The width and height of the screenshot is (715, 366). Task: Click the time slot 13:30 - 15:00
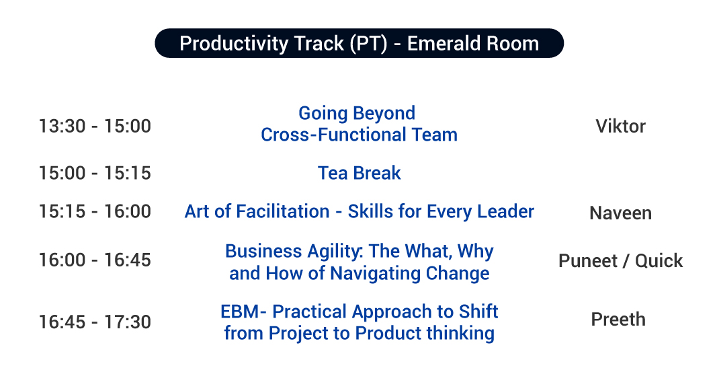pos(95,126)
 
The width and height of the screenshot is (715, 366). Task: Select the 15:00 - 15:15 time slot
pos(95,174)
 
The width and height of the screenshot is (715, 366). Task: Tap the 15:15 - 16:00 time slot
pos(95,212)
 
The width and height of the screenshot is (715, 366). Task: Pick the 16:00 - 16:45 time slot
pos(95,260)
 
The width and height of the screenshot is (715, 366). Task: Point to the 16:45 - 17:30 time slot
pos(95,322)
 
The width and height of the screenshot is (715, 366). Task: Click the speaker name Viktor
pos(620,126)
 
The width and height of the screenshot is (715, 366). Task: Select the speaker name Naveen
pos(620,213)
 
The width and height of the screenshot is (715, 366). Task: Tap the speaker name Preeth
pos(618,320)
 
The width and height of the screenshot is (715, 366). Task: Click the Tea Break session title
pos(359,174)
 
